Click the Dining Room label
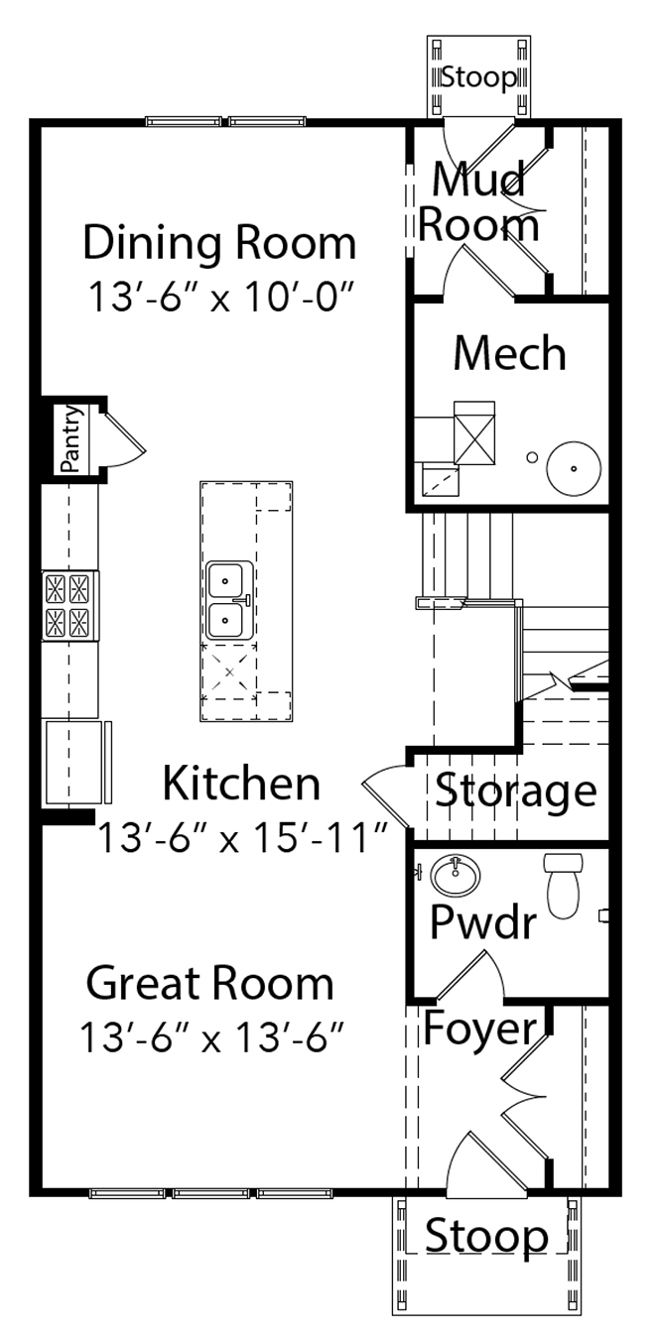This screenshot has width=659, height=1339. click(x=219, y=243)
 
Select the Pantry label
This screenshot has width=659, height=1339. click(x=70, y=438)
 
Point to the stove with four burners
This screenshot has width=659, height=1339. click(x=69, y=605)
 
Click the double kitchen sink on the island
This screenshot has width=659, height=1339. click(x=229, y=600)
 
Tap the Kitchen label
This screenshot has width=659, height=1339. click(x=241, y=783)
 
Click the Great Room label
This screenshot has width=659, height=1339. click(x=209, y=983)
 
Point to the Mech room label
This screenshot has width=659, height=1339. click(x=509, y=353)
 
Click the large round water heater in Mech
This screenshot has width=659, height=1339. click(x=574, y=468)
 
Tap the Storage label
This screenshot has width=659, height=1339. click(x=515, y=791)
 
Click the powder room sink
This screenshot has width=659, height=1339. click(x=456, y=875)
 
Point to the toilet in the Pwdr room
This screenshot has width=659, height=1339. click(x=563, y=885)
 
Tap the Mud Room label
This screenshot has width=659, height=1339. click(x=478, y=202)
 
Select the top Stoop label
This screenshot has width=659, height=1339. click(x=478, y=76)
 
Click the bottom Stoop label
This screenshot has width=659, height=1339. click(x=486, y=1237)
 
